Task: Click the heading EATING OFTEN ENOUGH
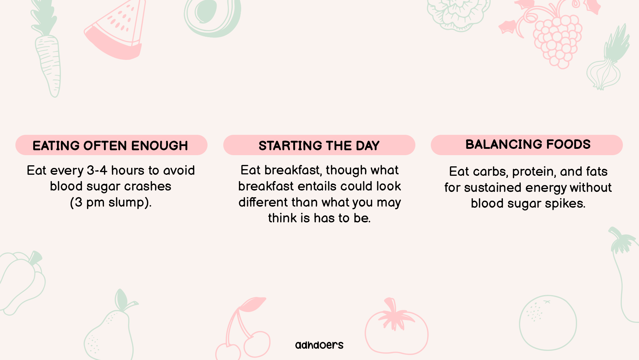pos(110,146)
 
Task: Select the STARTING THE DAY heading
pos(319,146)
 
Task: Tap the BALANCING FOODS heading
pos(528,144)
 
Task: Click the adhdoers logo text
pos(319,345)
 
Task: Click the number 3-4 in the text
pos(97,171)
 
